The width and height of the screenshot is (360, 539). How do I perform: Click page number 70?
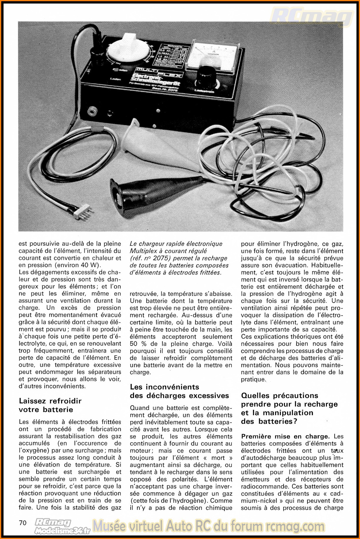click(x=23, y=523)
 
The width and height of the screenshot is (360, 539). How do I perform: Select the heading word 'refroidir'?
click(x=65, y=401)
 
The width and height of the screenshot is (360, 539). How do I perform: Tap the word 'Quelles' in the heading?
click(x=255, y=396)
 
